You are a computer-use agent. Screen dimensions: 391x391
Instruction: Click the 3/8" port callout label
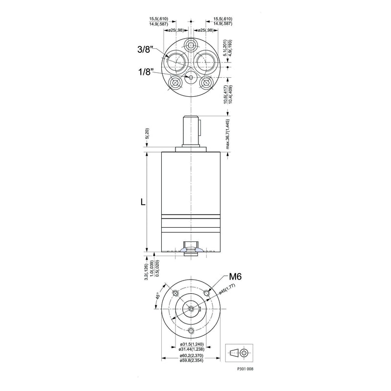(146, 49)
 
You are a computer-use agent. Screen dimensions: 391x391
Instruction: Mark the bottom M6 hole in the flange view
(191, 331)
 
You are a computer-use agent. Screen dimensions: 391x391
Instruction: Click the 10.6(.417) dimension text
(224, 95)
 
